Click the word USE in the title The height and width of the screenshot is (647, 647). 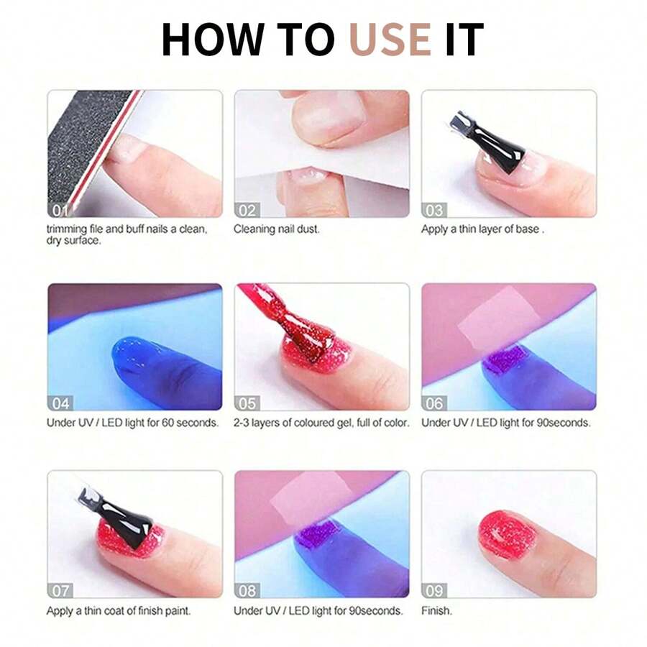click(x=390, y=40)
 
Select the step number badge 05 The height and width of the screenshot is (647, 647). click(x=247, y=403)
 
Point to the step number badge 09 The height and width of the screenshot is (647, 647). click(x=434, y=590)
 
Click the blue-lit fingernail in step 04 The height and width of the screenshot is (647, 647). click(x=137, y=355)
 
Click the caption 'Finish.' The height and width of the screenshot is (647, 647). click(x=436, y=611)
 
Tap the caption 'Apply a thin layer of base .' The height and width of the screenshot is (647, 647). click(x=482, y=229)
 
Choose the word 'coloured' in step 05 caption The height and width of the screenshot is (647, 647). click(x=315, y=423)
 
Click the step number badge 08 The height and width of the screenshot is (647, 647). click(x=247, y=590)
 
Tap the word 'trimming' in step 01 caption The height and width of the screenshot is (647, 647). click(x=67, y=229)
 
